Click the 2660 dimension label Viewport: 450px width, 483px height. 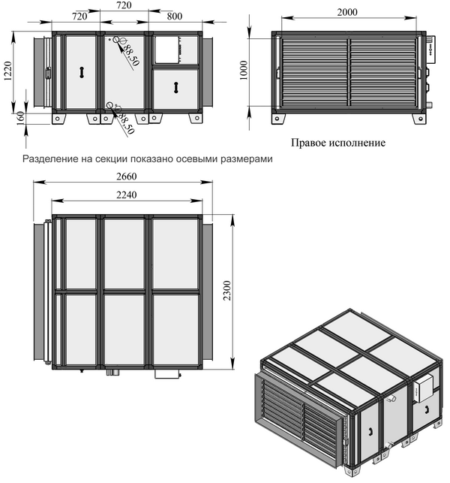coord(127,177)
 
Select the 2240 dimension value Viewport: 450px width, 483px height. coord(127,195)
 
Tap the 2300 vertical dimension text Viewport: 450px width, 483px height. coord(227,291)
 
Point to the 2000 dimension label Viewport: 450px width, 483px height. coord(347,12)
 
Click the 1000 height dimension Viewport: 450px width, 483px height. coord(244,71)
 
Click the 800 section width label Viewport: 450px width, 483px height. coord(175,16)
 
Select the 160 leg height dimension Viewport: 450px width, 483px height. coord(20,118)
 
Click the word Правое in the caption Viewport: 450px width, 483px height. coord(309,143)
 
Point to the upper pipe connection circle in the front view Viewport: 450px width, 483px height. coord(116,39)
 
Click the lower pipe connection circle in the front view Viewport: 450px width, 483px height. coord(109,106)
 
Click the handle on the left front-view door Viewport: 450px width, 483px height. coord(82,72)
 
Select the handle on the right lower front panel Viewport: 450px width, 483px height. coord(175,87)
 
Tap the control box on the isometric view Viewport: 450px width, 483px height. coord(423,390)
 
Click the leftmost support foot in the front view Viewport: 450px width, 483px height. coord(58,118)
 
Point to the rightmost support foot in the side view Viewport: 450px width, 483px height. coord(419,119)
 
